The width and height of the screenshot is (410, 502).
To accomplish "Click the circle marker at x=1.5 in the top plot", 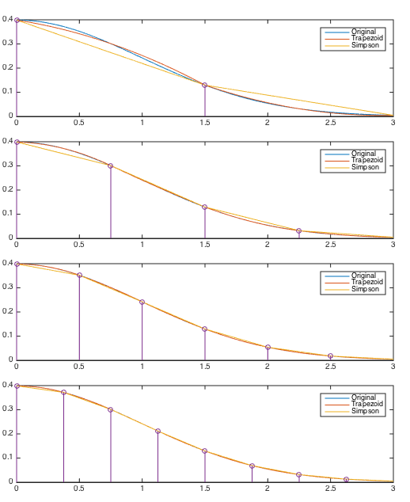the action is tap(205, 86).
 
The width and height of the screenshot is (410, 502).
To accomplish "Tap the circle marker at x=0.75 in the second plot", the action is tap(111, 165).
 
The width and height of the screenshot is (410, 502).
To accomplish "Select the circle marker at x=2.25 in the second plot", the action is tap(299, 231).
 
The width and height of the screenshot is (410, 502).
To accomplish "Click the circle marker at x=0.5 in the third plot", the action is tap(79, 275).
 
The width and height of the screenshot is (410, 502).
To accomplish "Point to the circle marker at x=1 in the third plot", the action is tap(142, 302).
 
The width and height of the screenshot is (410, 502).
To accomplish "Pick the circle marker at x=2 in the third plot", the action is tap(268, 347).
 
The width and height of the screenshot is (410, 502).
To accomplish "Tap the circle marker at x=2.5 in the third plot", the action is tap(331, 356).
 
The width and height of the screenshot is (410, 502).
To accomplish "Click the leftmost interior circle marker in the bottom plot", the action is tap(63, 392).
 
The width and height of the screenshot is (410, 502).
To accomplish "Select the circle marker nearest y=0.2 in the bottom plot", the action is tap(158, 432).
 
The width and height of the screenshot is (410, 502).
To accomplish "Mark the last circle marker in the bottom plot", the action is tap(346, 479).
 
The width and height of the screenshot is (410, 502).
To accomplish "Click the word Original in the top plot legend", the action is tap(363, 32).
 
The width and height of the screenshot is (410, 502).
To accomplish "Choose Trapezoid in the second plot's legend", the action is tap(367, 160).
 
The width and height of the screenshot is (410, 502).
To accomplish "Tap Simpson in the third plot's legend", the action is tap(365, 289).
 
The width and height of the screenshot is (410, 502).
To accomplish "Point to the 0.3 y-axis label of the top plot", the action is tap(7, 44).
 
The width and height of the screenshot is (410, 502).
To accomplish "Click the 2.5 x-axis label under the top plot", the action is tap(331, 123).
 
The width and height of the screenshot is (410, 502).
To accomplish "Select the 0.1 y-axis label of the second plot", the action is tap(7, 214).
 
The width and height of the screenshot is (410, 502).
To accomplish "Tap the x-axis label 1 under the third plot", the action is tap(142, 367).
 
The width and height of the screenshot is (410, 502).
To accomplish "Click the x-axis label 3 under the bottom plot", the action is tap(393, 489).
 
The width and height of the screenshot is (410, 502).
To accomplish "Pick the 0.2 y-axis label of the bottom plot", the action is tap(7, 433).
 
